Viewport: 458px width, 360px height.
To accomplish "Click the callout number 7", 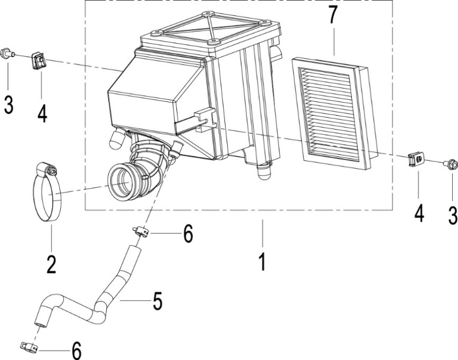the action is point(333,14).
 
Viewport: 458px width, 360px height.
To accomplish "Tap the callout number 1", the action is point(263,262).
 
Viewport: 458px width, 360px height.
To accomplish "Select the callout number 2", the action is point(51,263).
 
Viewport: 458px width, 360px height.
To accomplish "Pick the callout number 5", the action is point(157,301).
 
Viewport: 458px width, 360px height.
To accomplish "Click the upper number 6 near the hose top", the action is point(188,234).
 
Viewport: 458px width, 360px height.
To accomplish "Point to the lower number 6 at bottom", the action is point(77,350).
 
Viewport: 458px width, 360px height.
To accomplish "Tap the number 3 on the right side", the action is point(453,215).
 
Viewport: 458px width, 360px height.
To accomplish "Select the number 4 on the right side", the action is point(419,214).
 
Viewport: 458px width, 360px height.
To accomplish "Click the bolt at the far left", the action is point(7,53).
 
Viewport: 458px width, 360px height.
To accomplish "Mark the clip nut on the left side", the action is point(38,60).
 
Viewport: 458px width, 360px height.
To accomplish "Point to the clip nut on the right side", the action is point(416,160).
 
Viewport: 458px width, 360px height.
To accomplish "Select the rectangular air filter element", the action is point(334,114).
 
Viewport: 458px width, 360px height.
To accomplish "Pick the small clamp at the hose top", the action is point(141,231).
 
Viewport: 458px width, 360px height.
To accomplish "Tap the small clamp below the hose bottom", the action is point(29,347).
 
